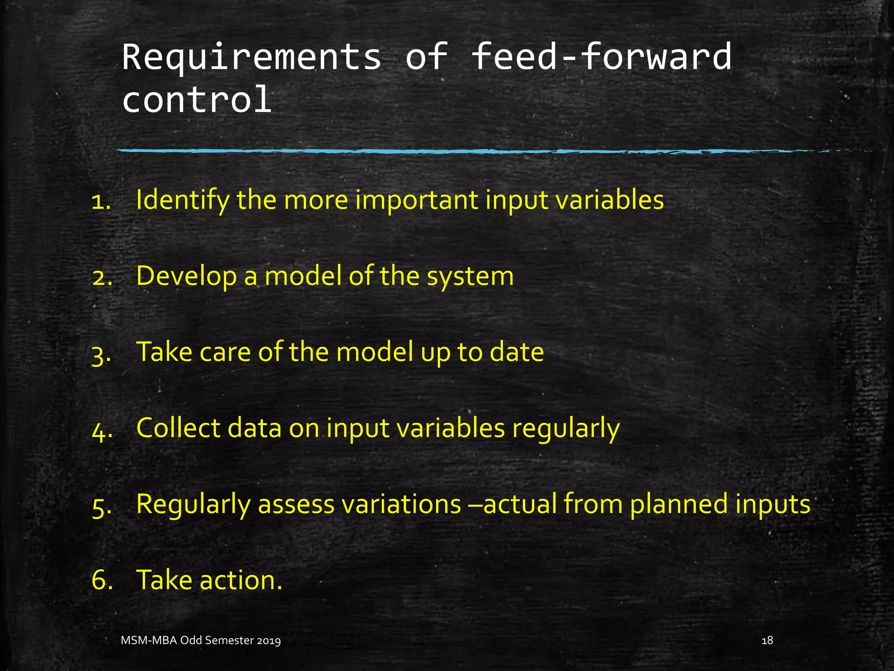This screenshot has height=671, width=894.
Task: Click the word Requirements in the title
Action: pos(251,57)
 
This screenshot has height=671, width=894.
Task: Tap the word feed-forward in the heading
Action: pos(602,57)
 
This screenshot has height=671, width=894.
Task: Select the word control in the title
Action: pos(197,100)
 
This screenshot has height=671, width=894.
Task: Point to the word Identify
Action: pos(182,200)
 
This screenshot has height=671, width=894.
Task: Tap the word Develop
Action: pos(186,276)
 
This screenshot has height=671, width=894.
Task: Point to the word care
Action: pos(225,352)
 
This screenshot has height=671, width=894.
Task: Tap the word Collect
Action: pos(178,428)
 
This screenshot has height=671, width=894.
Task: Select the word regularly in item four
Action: pos(566,429)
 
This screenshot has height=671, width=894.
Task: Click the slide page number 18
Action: pos(767,640)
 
